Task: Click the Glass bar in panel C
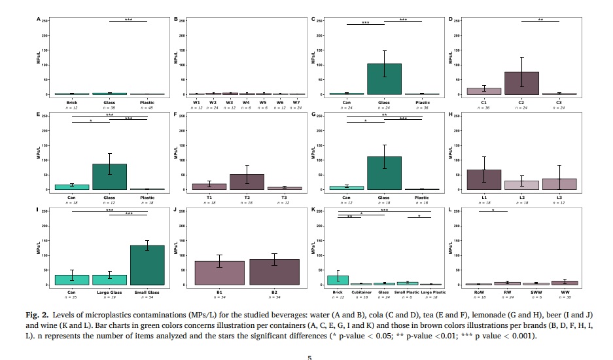point(384,79)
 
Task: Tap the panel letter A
point(39,20)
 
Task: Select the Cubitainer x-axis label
point(362,293)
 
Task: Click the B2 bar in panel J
point(275,272)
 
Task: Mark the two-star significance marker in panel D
point(540,19)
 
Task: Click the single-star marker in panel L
point(493,209)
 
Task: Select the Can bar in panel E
point(72,187)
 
